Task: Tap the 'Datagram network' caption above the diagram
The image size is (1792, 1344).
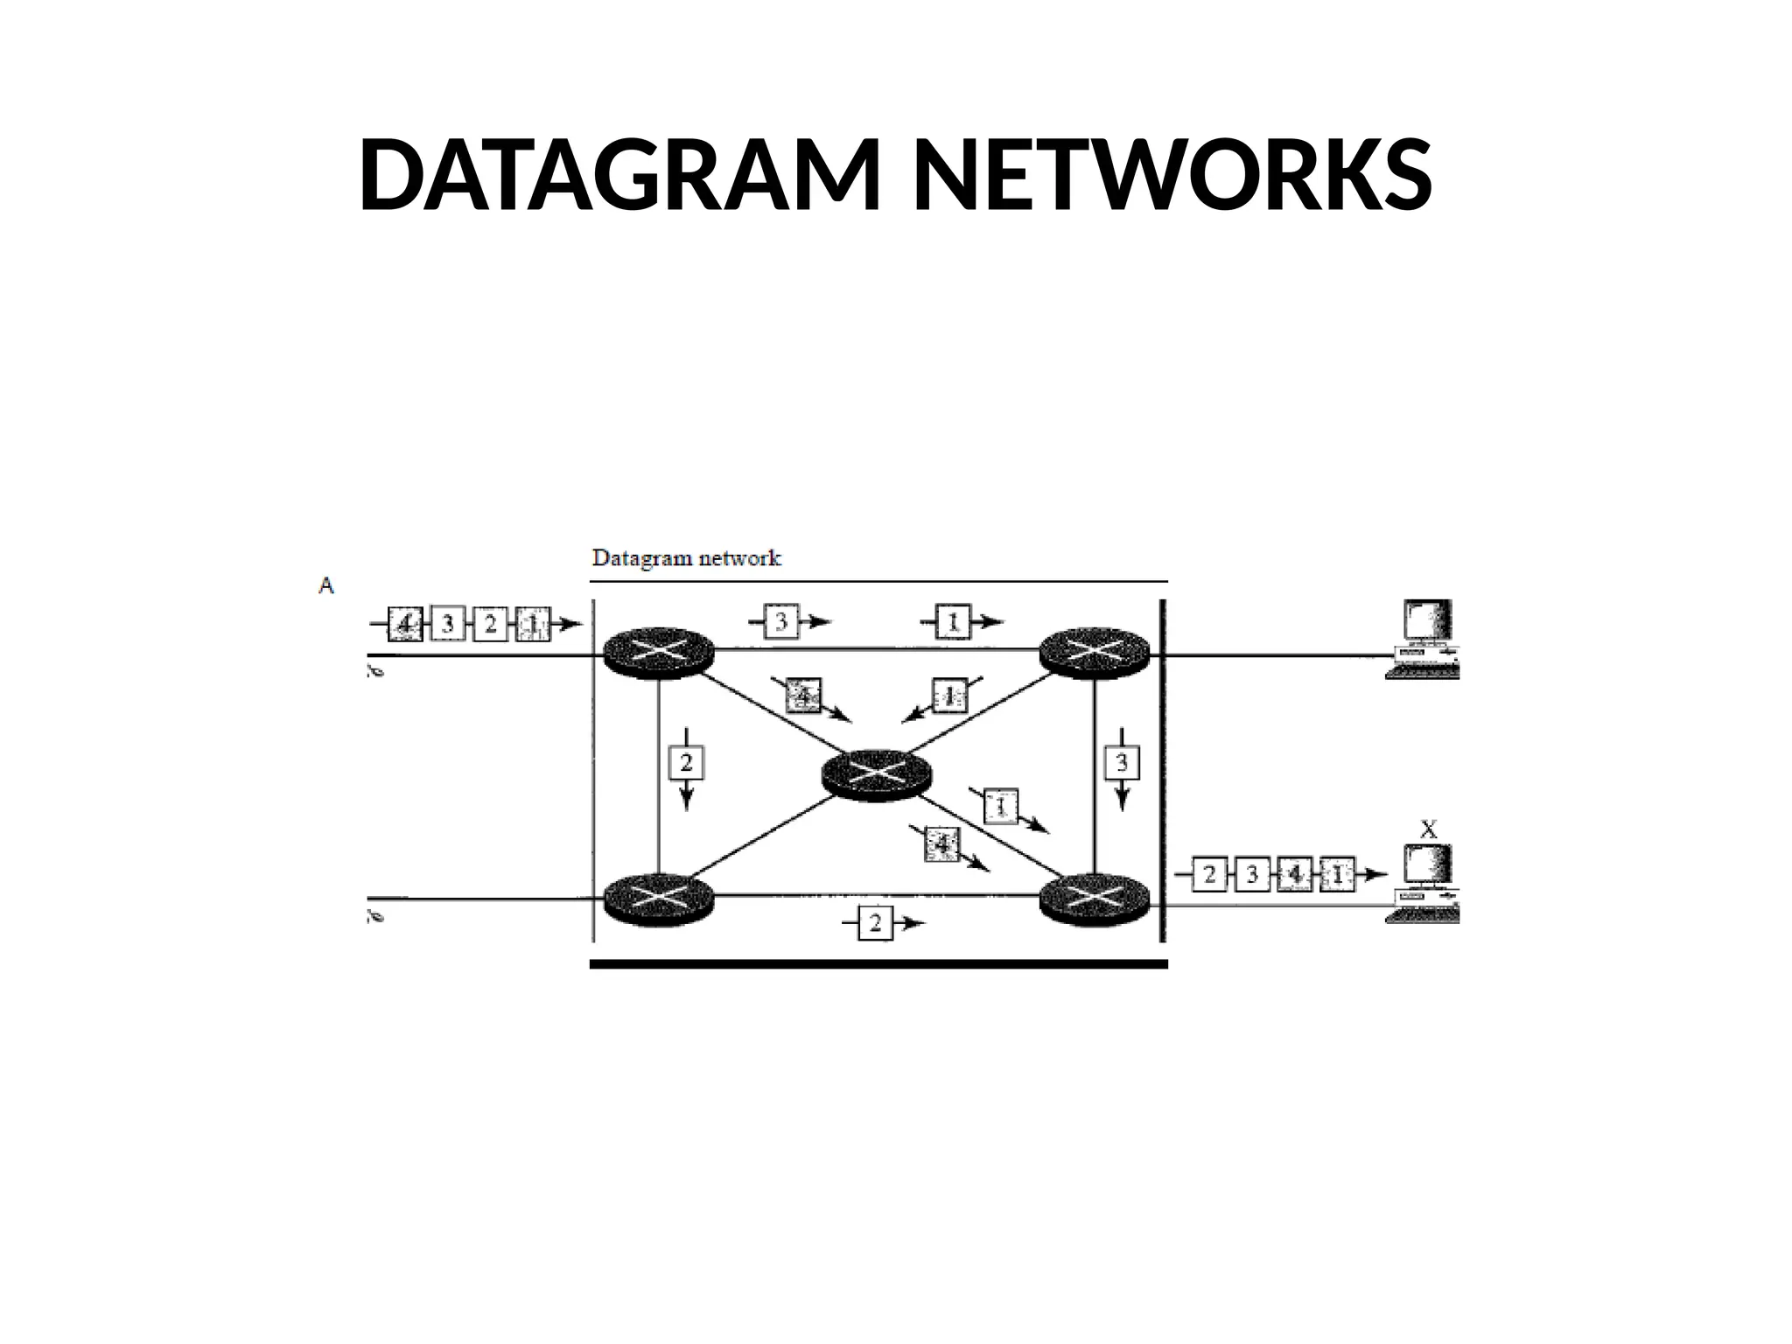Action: coord(687,558)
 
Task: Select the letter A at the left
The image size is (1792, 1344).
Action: coord(326,585)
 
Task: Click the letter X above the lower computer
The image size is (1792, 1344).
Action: coord(1427,829)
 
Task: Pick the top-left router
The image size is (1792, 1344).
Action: coord(659,653)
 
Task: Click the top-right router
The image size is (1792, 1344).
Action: coord(1094,653)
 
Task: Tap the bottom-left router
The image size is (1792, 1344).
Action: coord(659,898)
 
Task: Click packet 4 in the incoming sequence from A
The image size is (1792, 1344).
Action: coord(405,624)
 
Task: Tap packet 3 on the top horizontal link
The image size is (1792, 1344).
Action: coord(781,622)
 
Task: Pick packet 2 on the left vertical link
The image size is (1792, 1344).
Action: coord(686,763)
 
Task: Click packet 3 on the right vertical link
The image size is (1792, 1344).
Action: coord(1123,763)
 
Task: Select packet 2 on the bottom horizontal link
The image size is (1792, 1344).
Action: coord(876,923)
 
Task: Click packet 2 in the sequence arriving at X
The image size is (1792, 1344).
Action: coord(1209,874)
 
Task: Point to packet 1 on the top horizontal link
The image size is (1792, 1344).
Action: coord(954,621)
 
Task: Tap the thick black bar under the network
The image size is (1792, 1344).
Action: coord(878,964)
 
